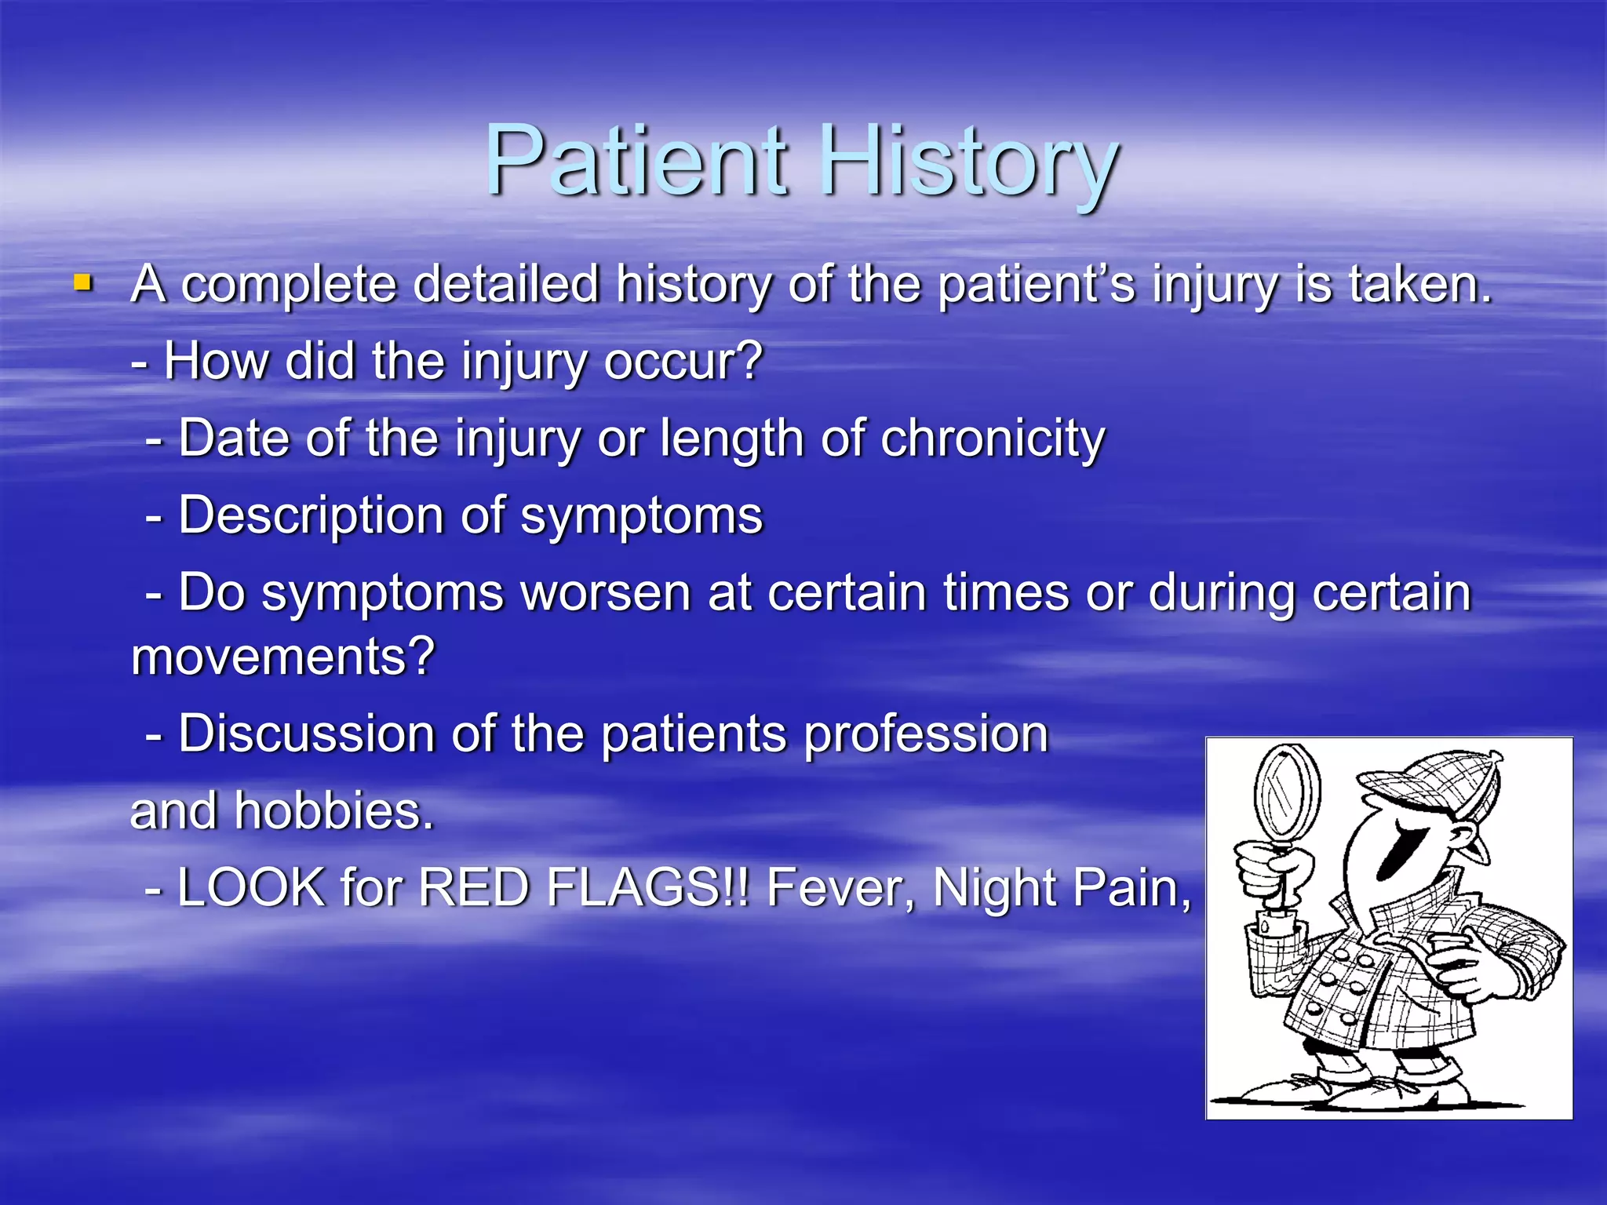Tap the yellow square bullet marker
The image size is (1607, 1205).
tap(82, 282)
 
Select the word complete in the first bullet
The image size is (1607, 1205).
tap(288, 284)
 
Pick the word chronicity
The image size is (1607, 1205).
tap(993, 439)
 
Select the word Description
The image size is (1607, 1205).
tap(311, 516)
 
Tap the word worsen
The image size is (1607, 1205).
tap(606, 593)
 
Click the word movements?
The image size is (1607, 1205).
tap(282, 656)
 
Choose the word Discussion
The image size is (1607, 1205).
tap(306, 734)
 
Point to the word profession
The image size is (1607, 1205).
tap(926, 735)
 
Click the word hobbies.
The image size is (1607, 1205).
tap(334, 811)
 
